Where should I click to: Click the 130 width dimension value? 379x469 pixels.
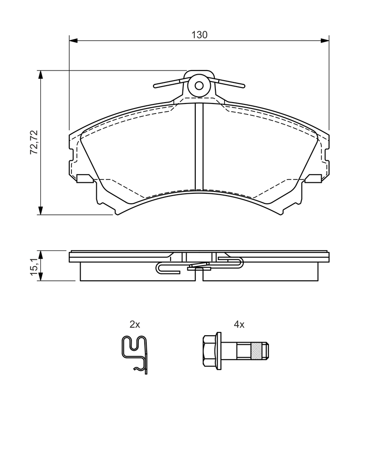(x=199, y=35)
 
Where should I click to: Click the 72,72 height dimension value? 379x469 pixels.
(x=34, y=142)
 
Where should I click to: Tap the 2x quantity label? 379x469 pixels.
(x=135, y=324)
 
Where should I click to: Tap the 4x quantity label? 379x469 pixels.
(x=239, y=324)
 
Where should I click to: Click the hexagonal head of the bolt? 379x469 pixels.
(x=209, y=351)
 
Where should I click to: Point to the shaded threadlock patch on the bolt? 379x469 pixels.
(x=256, y=351)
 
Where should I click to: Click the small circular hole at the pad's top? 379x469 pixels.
(x=199, y=86)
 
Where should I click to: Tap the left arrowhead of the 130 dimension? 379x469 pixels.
(x=73, y=40)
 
